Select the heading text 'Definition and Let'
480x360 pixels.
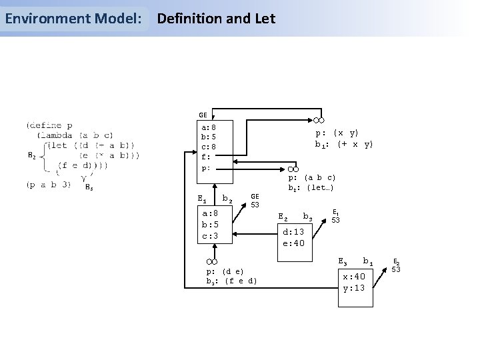tap(215, 19)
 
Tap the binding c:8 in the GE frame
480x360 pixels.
tap(208, 147)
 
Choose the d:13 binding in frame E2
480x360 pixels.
tap(293, 231)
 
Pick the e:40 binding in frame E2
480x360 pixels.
tap(293, 243)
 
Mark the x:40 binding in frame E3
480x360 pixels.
tap(354, 276)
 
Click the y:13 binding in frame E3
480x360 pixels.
tap(354, 287)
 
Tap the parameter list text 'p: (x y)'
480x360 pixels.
tap(337, 133)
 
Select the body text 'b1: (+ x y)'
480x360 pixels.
tap(344, 144)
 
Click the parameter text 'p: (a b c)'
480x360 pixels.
tap(311, 177)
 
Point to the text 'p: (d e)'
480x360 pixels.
tap(225, 271)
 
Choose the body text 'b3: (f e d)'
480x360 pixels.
tap(231, 281)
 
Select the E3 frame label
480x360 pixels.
tap(343, 259)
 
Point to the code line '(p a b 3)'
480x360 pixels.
tap(49, 185)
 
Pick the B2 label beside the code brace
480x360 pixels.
tap(31, 156)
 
